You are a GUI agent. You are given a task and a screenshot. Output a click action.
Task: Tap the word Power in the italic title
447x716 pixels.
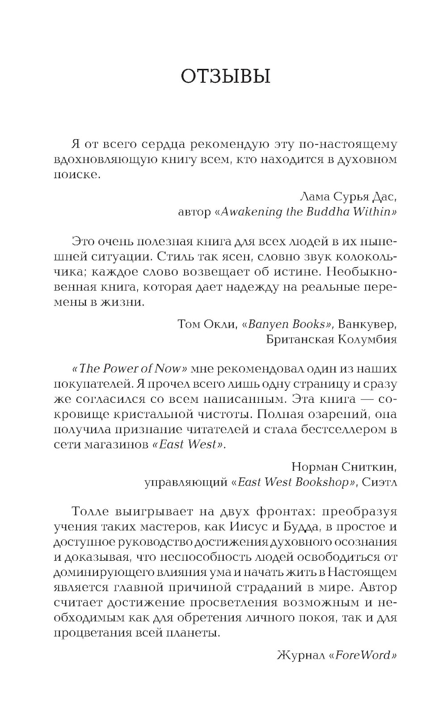[x=124, y=369]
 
